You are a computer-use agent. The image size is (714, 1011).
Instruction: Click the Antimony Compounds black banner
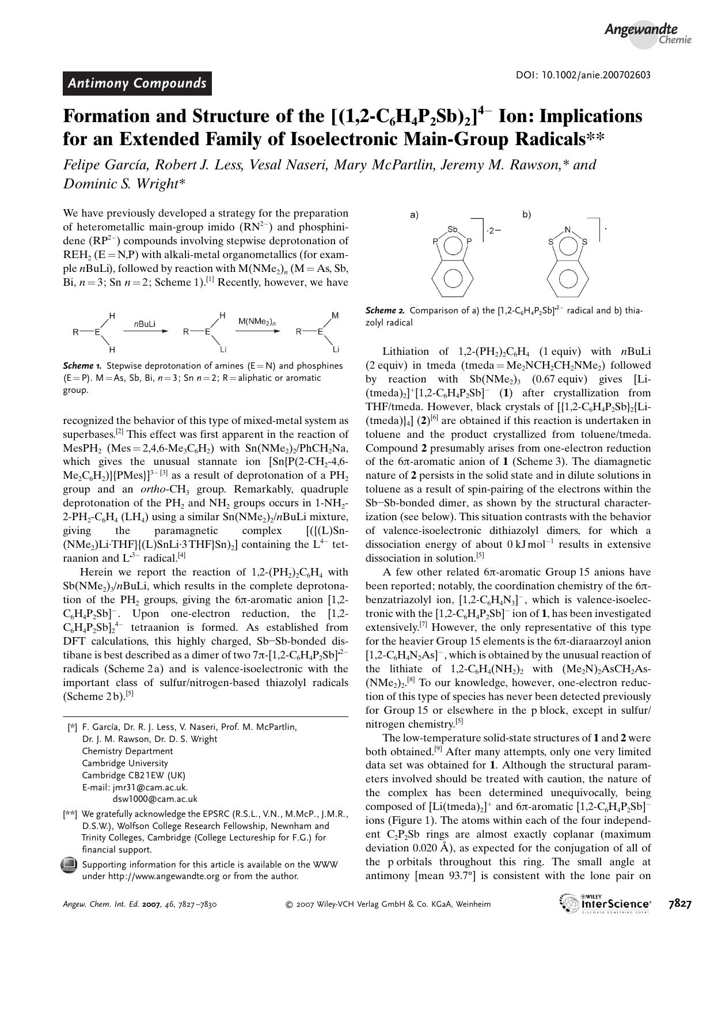coord(137,83)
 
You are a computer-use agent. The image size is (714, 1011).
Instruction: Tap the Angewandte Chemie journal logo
coord(647,33)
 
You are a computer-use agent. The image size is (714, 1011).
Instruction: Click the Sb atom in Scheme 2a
coord(453,229)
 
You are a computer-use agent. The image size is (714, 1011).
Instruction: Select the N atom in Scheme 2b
coord(567,230)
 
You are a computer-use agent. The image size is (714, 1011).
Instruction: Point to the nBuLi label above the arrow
coord(145,324)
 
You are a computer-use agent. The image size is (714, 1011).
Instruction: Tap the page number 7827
coord(679,903)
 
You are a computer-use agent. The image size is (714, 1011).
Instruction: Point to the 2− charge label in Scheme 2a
coord(494,230)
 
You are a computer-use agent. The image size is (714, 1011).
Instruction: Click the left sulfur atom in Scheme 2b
coord(550,242)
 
